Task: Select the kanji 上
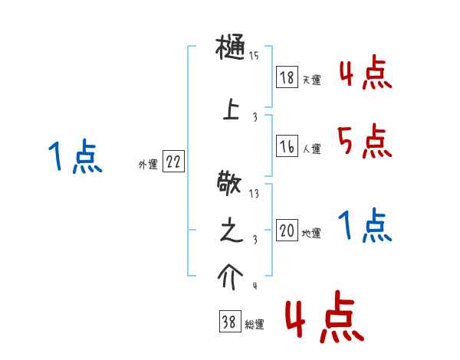pos(231,110)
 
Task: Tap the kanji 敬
pos(231,185)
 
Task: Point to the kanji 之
pos(231,231)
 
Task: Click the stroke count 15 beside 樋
pos(254,56)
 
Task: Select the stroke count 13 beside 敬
pos(254,194)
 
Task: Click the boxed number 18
pos(287,77)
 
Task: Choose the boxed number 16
pos(287,147)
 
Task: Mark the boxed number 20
pos(287,231)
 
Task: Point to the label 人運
pos(312,150)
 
